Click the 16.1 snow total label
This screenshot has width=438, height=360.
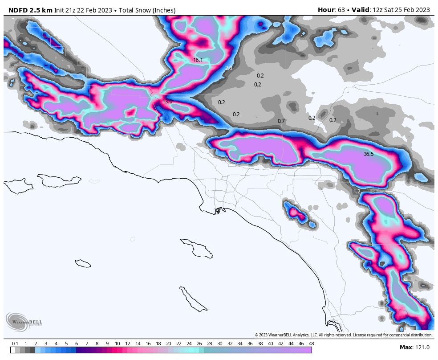[x=198, y=60]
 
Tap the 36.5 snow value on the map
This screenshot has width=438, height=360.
[x=369, y=154]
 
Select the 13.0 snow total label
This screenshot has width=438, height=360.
[x=167, y=102]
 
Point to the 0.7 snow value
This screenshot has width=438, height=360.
[x=281, y=121]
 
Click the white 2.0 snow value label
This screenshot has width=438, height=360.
[x=229, y=68]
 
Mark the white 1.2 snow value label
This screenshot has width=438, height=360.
[x=357, y=192]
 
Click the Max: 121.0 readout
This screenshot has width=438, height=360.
[x=414, y=348]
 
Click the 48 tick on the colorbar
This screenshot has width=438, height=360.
[x=311, y=344]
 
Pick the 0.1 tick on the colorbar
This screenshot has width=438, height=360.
[x=15, y=344]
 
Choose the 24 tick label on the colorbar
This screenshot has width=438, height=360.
[x=189, y=344]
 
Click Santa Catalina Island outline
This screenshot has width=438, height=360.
[x=196, y=247]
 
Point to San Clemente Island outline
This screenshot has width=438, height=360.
[x=193, y=299]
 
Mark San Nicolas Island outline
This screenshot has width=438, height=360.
[x=83, y=263]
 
